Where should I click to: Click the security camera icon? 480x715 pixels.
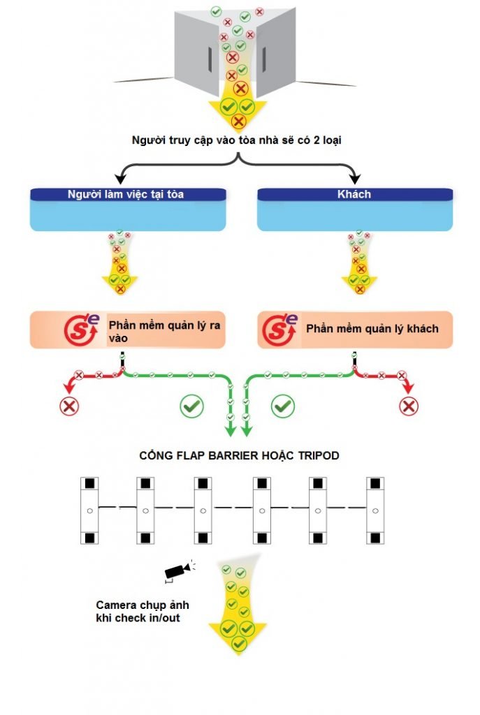(x=177, y=570)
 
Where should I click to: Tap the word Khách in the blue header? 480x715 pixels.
(x=354, y=194)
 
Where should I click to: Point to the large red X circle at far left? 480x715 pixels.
(x=69, y=406)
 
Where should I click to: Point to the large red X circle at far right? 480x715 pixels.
(x=408, y=406)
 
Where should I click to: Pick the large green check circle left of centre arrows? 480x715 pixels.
(x=191, y=406)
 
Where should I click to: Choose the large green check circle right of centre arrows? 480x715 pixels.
(x=282, y=405)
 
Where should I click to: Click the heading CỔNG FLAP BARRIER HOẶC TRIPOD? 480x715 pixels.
(x=240, y=456)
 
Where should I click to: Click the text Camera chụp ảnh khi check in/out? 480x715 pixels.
(x=143, y=611)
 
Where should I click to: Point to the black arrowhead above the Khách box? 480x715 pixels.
(x=355, y=179)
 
